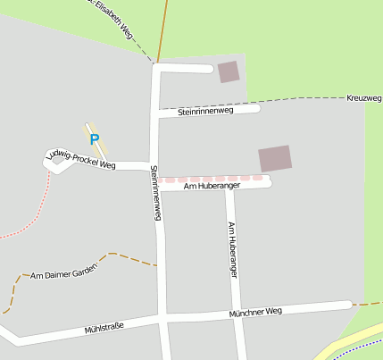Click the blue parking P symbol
pos(94,139)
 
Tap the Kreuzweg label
pos(363,97)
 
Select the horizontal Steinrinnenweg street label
pos(205,112)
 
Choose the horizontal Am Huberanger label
pos(212,187)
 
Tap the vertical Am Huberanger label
pos(232,249)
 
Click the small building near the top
pos(229,71)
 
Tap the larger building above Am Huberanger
pos(274,158)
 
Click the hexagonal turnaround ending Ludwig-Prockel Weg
pos(56,161)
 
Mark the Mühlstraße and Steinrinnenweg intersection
pos(162,319)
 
